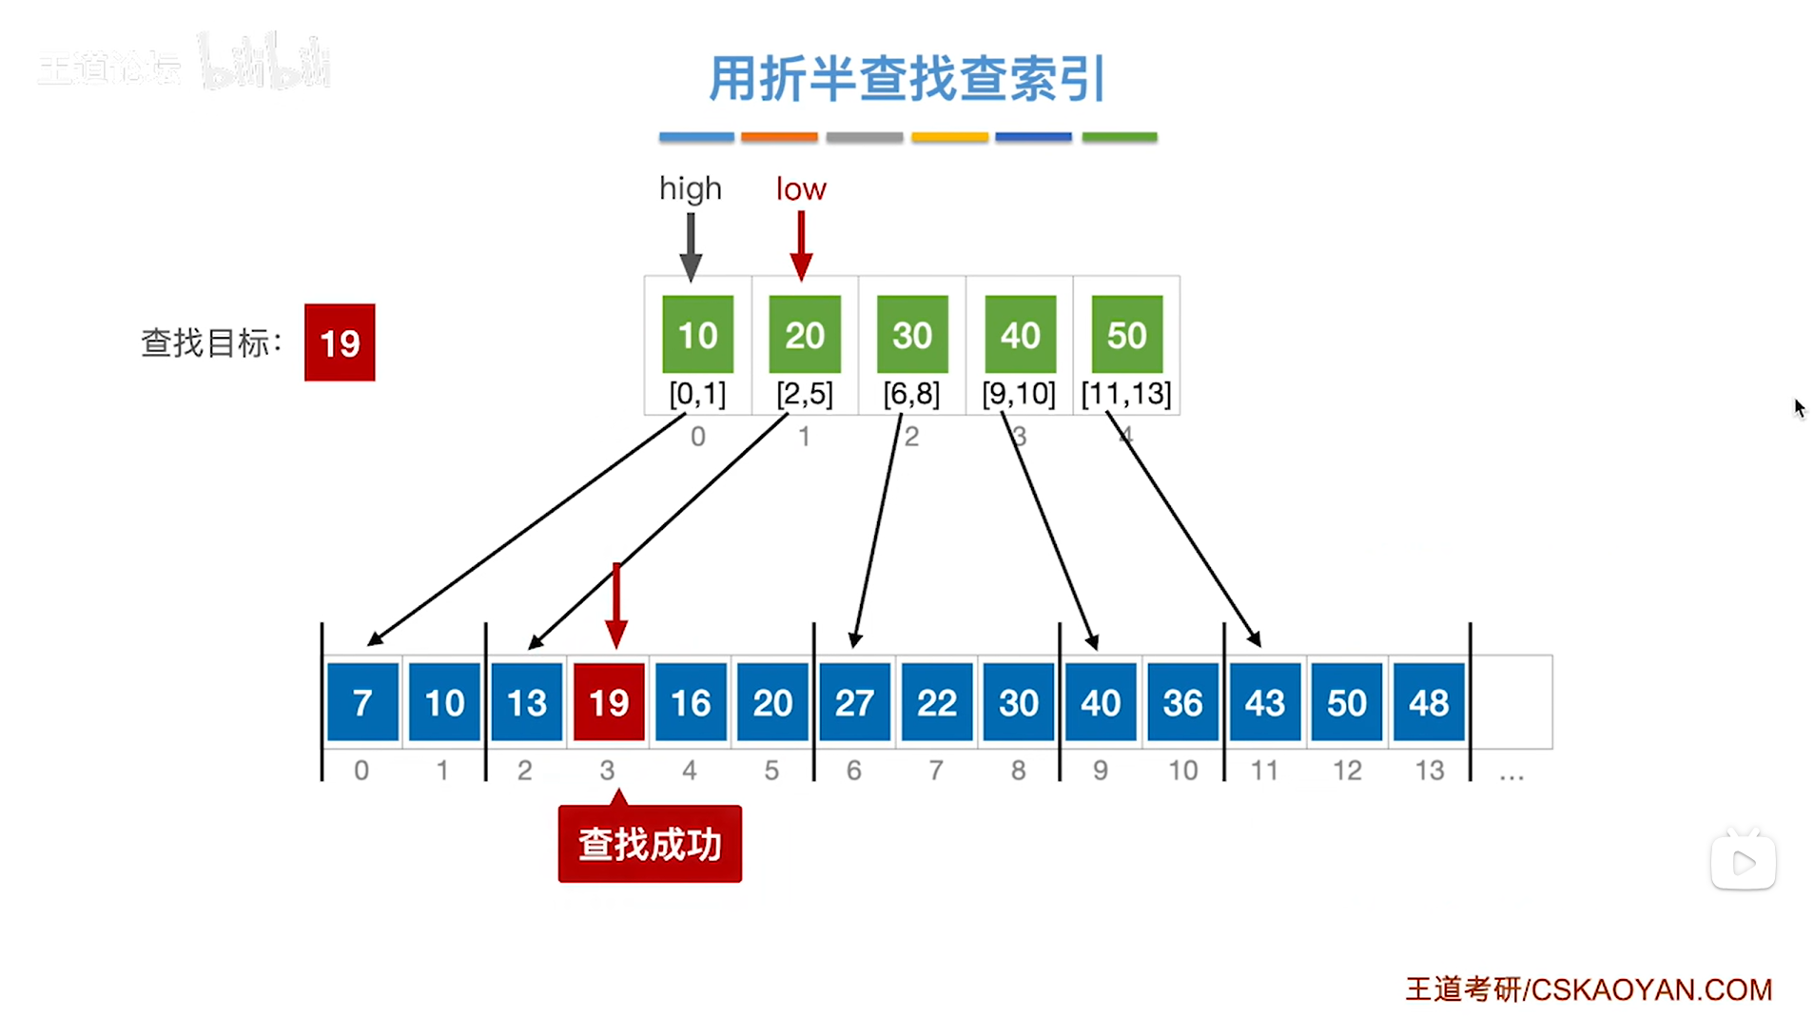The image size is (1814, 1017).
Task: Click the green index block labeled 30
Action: tap(911, 334)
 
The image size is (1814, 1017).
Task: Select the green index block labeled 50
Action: tap(1126, 334)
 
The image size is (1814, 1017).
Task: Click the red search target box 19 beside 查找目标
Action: tap(340, 342)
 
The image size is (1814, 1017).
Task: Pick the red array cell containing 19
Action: tap(609, 702)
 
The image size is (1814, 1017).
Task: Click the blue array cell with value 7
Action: tap(362, 702)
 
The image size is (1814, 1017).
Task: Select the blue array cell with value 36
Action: tap(1182, 702)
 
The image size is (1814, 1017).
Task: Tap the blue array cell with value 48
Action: tap(1428, 702)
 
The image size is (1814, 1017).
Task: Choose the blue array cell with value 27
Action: tap(854, 702)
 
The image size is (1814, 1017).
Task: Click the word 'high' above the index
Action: tap(691, 188)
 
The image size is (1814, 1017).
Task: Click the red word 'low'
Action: tap(801, 188)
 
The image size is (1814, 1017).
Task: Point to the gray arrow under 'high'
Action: tap(692, 245)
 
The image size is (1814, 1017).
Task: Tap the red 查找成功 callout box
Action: tap(650, 844)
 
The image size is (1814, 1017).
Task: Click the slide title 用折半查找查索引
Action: tap(907, 78)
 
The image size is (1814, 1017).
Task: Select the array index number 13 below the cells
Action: tap(1429, 770)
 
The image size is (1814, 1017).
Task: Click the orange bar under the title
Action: tap(779, 137)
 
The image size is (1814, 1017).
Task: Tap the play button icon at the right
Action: tap(1743, 862)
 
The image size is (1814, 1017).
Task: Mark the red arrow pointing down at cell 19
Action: tap(616, 604)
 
